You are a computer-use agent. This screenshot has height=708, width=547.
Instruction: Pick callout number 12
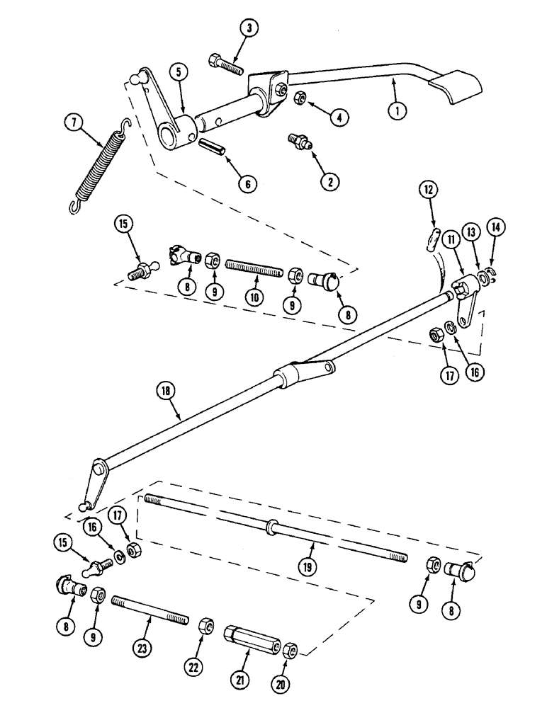click(429, 190)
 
